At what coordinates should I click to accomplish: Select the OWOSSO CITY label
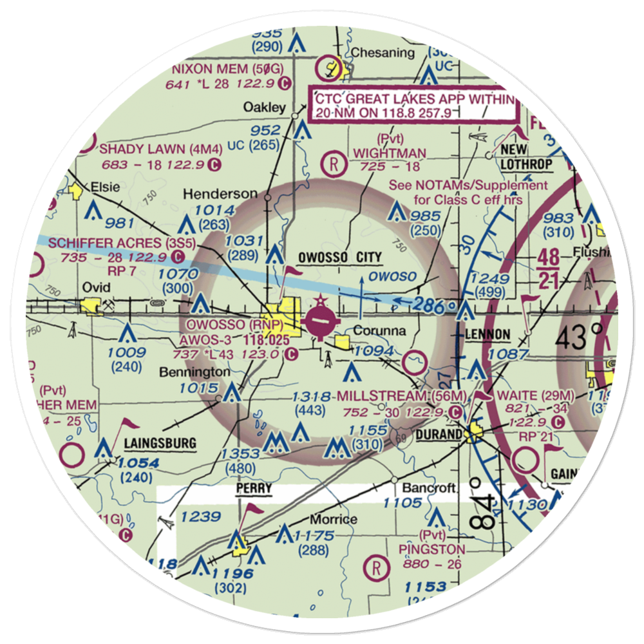pos(340,258)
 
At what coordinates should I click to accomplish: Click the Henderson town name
pos(220,194)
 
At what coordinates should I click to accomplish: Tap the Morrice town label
pos(334,519)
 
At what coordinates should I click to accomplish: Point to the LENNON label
pos(487,335)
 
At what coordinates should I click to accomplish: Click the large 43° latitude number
pos(581,336)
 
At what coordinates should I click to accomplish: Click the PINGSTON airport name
pos(431,549)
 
